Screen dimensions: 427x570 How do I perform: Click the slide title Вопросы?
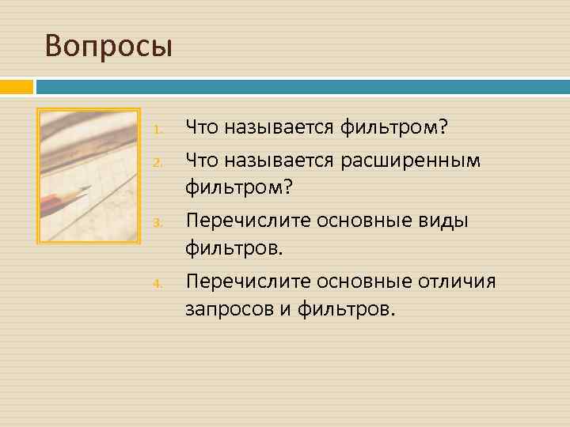[108, 47]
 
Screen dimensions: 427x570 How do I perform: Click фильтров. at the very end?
[345, 309]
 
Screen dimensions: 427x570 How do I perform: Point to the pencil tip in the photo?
[90, 187]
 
